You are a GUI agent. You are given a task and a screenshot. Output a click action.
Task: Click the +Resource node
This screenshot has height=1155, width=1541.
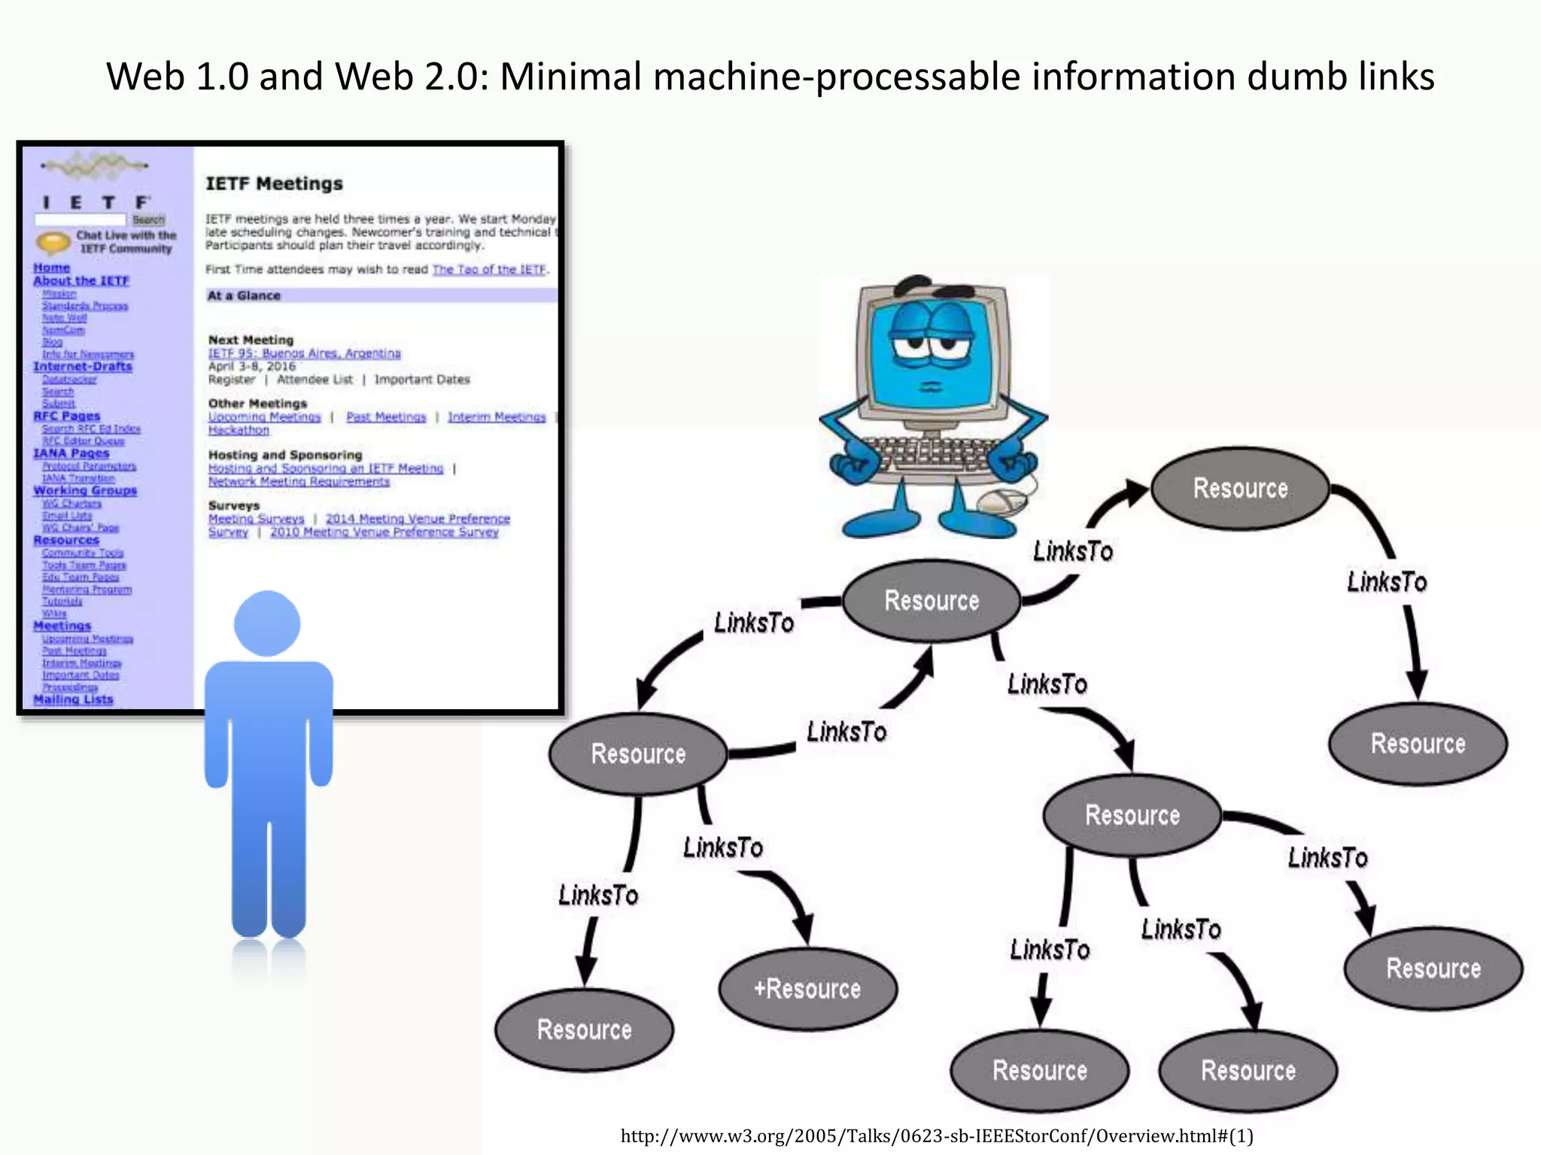tap(807, 989)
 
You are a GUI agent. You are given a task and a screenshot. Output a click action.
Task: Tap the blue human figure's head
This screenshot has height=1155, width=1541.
tap(267, 623)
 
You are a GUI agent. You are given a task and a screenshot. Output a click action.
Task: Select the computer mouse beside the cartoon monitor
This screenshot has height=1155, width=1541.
tap(1004, 499)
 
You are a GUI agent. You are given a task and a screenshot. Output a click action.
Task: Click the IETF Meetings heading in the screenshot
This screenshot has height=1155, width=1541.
tap(274, 183)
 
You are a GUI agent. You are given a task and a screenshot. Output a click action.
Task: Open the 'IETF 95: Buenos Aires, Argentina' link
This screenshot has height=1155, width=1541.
tap(304, 353)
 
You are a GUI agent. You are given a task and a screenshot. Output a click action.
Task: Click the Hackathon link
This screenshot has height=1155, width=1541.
tap(239, 430)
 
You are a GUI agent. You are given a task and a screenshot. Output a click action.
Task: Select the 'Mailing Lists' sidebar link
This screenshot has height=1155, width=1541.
tap(73, 699)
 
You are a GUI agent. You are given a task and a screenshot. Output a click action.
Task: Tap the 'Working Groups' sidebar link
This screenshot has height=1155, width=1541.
tap(85, 490)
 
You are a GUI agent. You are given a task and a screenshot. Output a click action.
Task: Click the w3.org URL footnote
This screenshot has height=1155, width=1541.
tap(936, 1135)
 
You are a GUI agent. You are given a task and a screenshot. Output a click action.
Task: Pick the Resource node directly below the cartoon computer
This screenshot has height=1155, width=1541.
tap(932, 601)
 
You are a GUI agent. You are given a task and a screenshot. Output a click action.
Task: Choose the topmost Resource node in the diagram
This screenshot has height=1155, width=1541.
tap(1240, 488)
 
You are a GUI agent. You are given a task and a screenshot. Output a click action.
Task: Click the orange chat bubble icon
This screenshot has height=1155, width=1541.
tap(53, 242)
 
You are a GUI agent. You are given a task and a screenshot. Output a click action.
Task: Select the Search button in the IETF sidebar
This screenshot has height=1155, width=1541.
tap(148, 220)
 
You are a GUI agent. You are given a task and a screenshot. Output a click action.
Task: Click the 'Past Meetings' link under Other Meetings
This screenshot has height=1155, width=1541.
tap(386, 417)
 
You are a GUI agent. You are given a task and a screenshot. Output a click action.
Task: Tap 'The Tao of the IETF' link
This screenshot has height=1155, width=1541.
tap(489, 269)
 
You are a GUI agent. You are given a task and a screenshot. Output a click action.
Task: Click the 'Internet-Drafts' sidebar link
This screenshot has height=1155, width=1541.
tap(83, 366)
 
